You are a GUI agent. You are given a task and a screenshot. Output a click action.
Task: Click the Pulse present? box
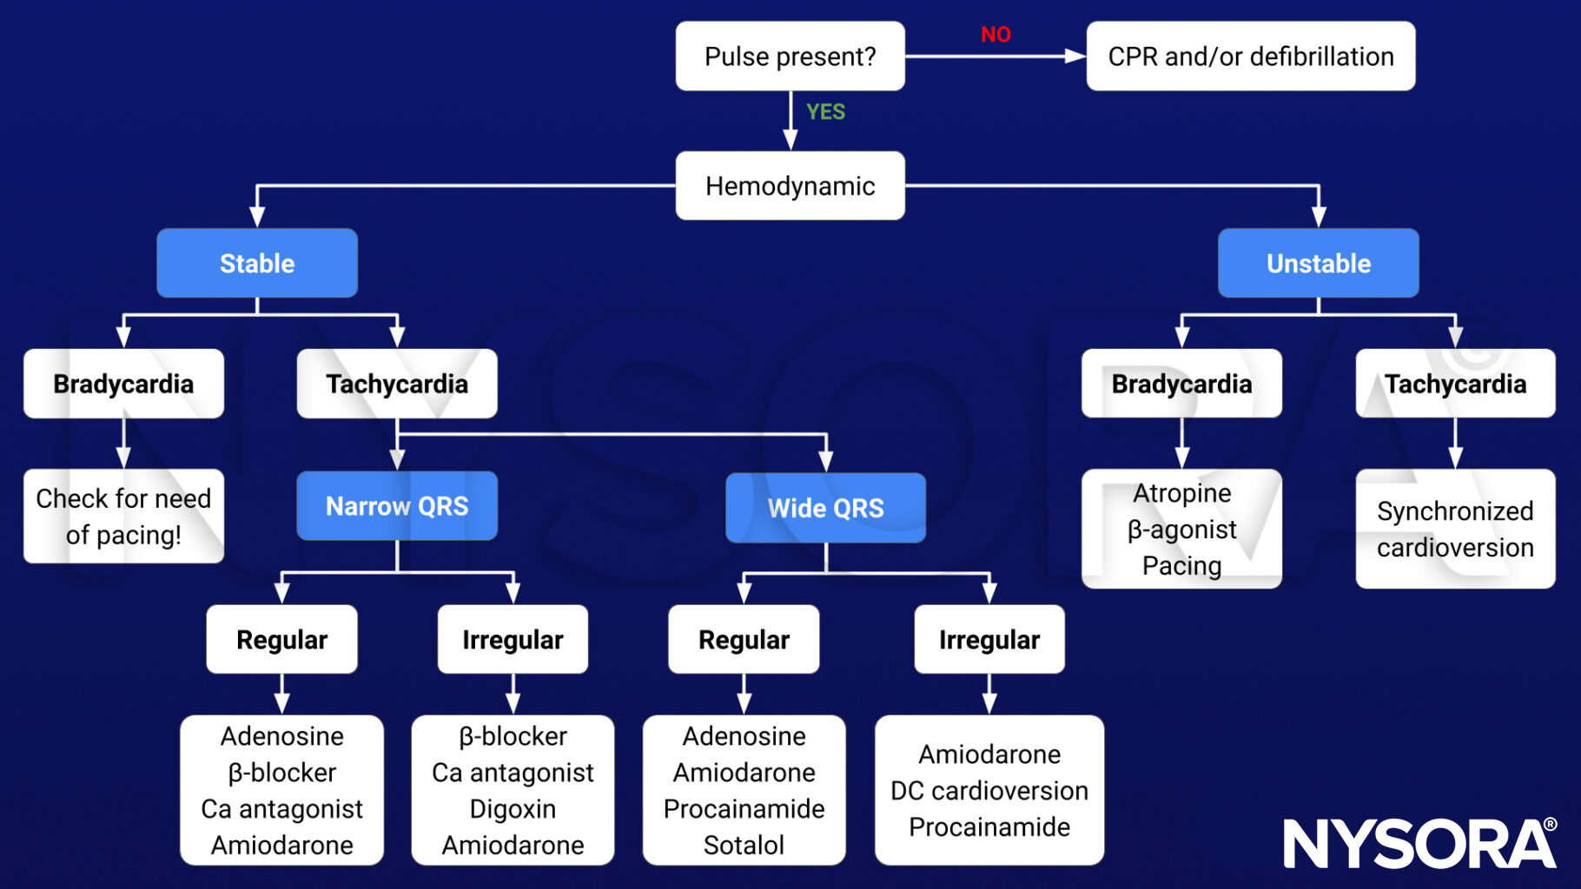(x=790, y=56)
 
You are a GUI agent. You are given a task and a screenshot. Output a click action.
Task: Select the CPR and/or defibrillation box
(x=1250, y=56)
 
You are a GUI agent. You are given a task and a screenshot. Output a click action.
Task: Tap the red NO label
(x=996, y=35)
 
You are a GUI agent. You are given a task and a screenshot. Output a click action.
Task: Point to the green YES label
(x=825, y=112)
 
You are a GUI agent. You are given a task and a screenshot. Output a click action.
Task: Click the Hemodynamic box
(x=790, y=186)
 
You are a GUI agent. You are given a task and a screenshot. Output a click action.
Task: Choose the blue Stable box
(x=257, y=263)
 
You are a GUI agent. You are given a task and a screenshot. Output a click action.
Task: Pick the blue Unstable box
(x=1318, y=263)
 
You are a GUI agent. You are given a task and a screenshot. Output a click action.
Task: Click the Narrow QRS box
(x=397, y=506)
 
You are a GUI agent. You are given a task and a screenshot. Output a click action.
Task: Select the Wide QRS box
(x=825, y=508)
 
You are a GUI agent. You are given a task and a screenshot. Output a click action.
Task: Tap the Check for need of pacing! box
(x=123, y=517)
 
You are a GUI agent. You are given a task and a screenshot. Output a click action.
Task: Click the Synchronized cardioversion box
(x=1455, y=529)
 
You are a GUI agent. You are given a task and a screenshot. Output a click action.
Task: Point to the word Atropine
(x=1181, y=493)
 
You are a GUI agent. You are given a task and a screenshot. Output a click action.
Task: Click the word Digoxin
(x=513, y=809)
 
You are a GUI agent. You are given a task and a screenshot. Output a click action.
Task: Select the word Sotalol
(x=744, y=845)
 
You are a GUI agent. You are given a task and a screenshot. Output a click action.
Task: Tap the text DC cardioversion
(x=989, y=791)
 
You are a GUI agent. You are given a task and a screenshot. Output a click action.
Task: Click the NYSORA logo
(x=1419, y=843)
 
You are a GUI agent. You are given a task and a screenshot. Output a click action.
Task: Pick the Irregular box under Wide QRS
(x=989, y=640)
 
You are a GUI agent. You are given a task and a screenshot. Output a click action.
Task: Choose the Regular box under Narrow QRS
(x=281, y=640)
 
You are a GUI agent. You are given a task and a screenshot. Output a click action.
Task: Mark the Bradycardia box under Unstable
(x=1181, y=384)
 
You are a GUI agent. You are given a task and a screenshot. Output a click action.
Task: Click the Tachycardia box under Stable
(x=397, y=384)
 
